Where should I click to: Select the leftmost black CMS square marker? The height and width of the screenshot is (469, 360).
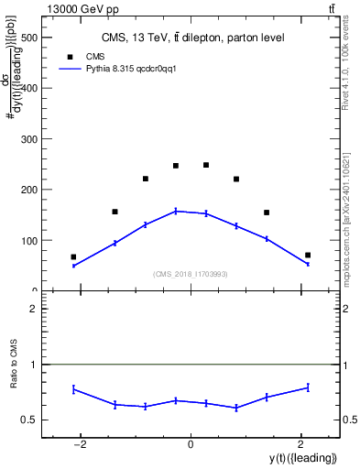pos(73,257)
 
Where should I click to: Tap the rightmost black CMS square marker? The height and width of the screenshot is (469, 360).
pos(308,255)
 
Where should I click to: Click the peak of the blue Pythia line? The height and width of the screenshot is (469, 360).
pos(176,211)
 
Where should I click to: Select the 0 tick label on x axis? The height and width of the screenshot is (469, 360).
pos(191,444)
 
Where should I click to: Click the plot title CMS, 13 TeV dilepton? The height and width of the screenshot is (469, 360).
pos(192,38)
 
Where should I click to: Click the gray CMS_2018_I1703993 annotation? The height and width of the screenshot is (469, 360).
pos(191,274)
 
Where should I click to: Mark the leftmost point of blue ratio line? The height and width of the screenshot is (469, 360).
pos(73,389)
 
